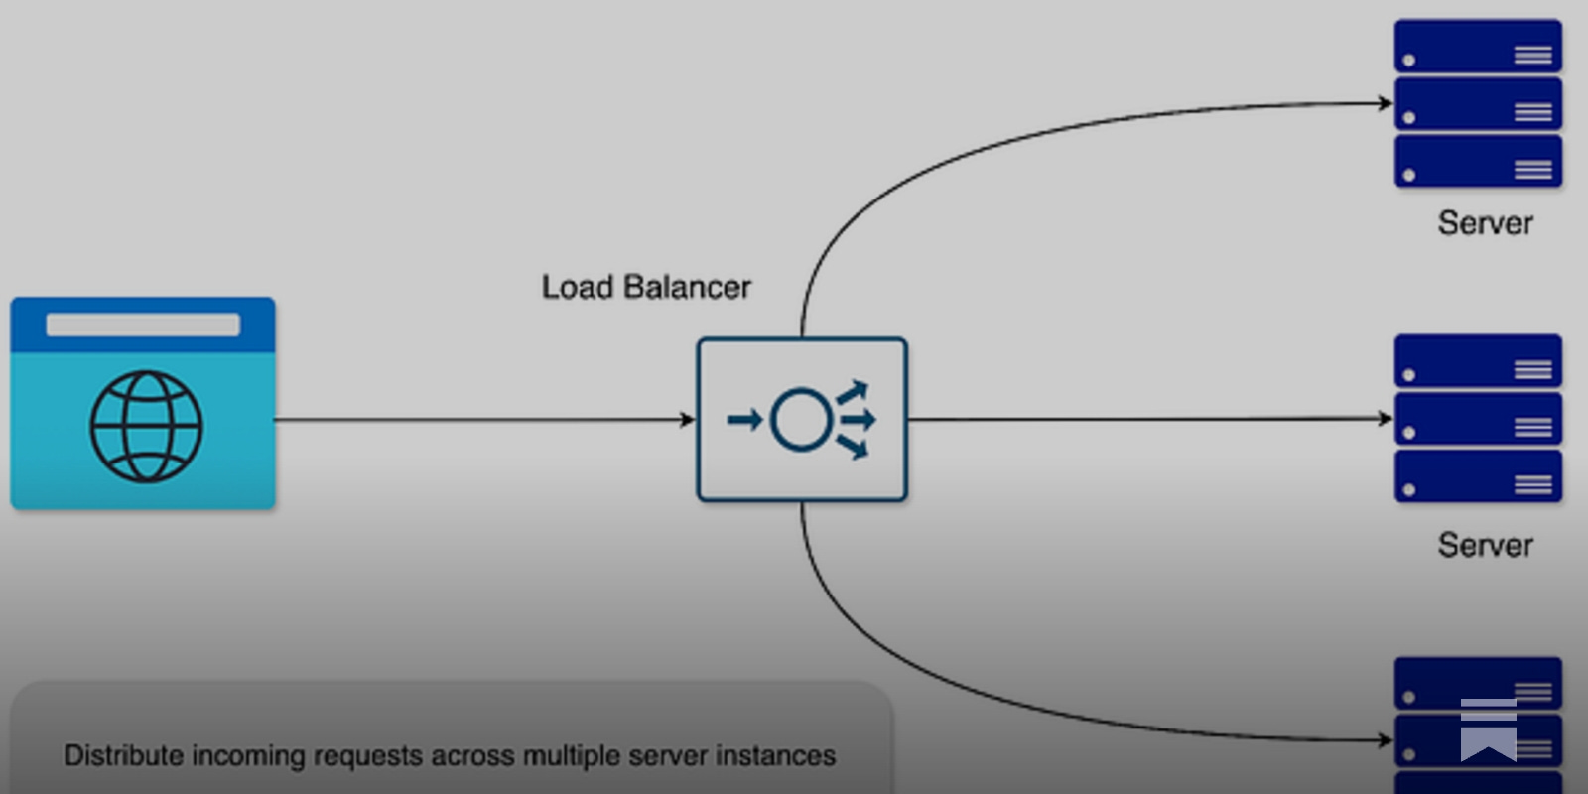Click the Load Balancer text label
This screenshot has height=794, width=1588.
click(646, 287)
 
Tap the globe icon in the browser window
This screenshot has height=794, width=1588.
click(146, 427)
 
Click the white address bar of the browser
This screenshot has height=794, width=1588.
click(143, 325)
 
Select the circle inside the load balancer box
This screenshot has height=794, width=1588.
click(801, 420)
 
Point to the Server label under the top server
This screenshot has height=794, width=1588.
click(1485, 223)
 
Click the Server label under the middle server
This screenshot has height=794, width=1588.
click(1485, 545)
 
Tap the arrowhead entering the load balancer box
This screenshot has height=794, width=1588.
click(688, 420)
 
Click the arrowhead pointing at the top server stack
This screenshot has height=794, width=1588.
click(1386, 102)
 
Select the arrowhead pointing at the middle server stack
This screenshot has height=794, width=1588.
click(1386, 419)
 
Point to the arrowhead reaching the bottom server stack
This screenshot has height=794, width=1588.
click(1386, 740)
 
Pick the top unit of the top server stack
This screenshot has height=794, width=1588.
click(1478, 46)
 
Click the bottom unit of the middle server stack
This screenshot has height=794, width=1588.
click(1478, 477)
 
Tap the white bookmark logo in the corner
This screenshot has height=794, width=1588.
click(1488, 729)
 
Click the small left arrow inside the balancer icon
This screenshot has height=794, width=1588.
click(744, 420)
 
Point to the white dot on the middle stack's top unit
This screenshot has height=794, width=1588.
click(1409, 375)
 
